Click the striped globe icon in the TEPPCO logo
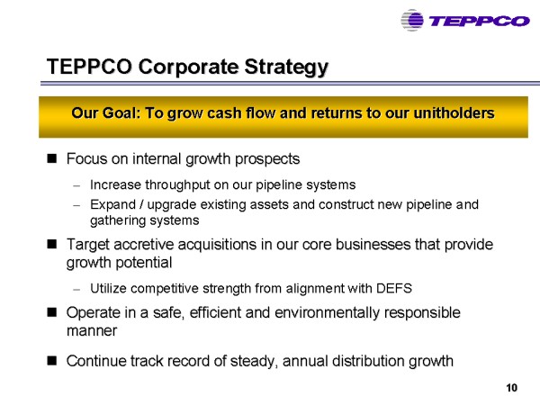(x=412, y=21)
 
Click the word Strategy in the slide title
(x=286, y=67)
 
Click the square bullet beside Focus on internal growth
(x=52, y=158)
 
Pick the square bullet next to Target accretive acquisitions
(x=52, y=244)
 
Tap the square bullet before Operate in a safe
(x=52, y=312)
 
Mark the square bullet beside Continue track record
(x=52, y=361)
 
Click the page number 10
(x=512, y=388)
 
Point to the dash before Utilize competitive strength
(x=76, y=289)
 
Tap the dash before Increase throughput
(x=76, y=186)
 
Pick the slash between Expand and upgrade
(x=141, y=204)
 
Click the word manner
(x=92, y=331)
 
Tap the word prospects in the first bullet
(x=267, y=159)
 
